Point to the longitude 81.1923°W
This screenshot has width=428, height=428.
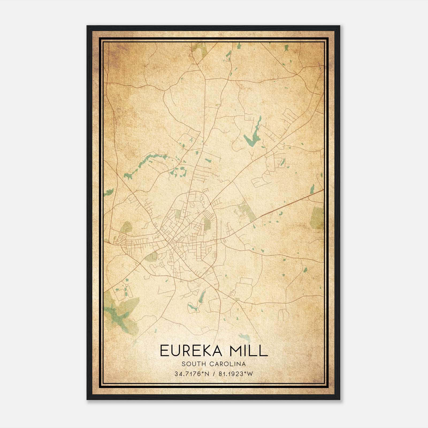(236, 374)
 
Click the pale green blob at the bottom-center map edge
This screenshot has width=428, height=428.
(244, 338)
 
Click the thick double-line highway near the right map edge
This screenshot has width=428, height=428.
(294, 202)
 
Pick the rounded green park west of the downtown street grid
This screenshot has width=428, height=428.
(126, 227)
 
